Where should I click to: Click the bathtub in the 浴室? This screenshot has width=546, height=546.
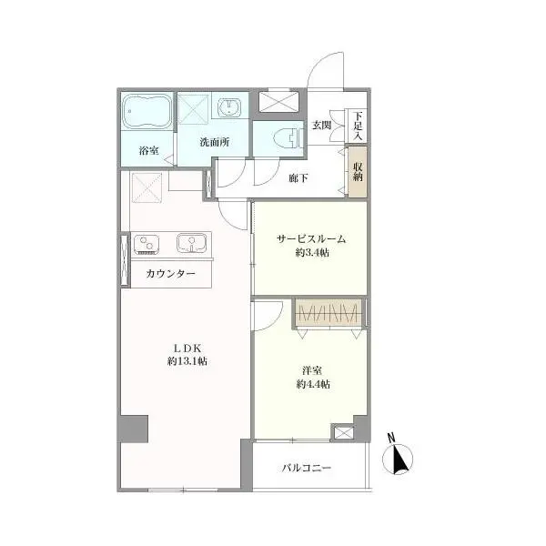(147, 111)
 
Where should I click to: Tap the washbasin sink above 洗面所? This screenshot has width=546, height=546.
(229, 106)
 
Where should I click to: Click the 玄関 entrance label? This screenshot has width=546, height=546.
(321, 125)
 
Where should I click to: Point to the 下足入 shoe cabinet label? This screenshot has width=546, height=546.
(358, 126)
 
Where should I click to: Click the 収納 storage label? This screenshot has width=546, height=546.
(358, 171)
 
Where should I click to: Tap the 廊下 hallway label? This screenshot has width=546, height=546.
(298, 178)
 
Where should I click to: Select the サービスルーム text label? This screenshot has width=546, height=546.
(311, 239)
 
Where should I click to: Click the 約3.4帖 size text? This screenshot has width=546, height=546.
(312, 252)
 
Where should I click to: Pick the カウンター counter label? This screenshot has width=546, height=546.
(171, 273)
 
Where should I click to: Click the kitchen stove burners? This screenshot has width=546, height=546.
(147, 243)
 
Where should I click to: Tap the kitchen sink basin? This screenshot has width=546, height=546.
(191, 242)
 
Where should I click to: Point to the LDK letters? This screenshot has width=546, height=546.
(187, 349)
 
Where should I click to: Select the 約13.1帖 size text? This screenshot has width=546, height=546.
(187, 361)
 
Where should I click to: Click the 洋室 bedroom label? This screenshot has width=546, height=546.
(312, 370)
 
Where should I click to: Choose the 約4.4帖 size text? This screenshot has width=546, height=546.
(313, 384)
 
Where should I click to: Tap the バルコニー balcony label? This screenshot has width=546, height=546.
(307, 468)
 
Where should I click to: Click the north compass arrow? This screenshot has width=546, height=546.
(399, 460)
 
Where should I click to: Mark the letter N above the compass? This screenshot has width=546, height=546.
(391, 438)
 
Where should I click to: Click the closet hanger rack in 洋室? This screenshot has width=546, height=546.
(329, 313)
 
